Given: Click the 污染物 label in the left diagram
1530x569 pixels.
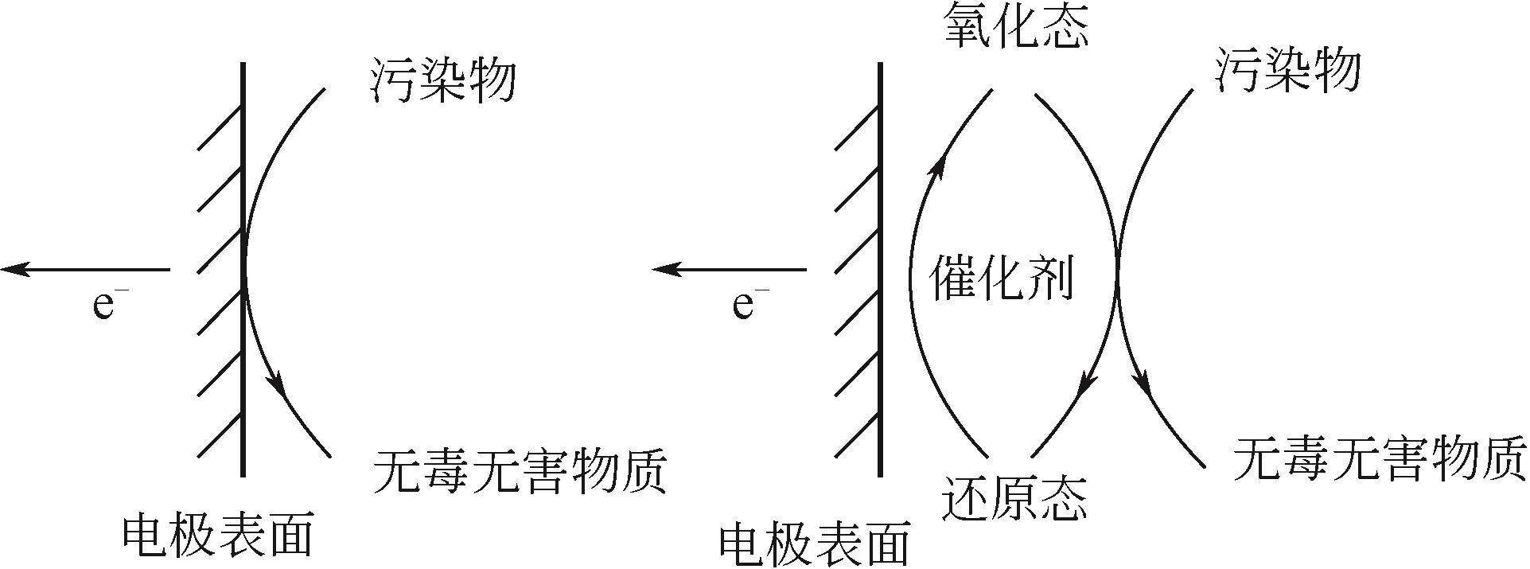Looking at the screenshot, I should coord(444,80).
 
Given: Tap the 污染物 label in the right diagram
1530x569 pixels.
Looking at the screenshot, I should coord(1288,70).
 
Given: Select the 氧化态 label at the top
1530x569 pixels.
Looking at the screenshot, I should coord(1015,27).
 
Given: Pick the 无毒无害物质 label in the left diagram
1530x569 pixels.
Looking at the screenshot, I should coord(520,471).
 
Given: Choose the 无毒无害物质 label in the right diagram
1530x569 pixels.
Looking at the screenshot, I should coord(1379,460).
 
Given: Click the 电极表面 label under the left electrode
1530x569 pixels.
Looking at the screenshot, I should coord(217,536).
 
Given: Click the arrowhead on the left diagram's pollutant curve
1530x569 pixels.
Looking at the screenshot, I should coord(278,384).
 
